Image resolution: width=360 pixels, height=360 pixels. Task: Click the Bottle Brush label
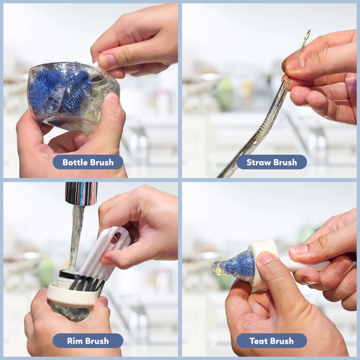[x=88, y=162]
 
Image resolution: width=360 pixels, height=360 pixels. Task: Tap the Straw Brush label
[x=271, y=162]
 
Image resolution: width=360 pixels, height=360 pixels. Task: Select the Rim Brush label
[x=88, y=341]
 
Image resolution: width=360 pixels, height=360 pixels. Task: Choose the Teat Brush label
[x=271, y=341]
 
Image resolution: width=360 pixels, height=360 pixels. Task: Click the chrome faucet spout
[x=81, y=193]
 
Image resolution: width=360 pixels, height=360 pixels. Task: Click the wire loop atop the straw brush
[x=307, y=35]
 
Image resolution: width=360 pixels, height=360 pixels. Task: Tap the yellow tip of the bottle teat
[x=217, y=268]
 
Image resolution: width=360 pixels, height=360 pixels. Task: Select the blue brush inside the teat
[x=240, y=266]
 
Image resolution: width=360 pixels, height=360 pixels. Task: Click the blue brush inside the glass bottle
[x=61, y=91]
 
